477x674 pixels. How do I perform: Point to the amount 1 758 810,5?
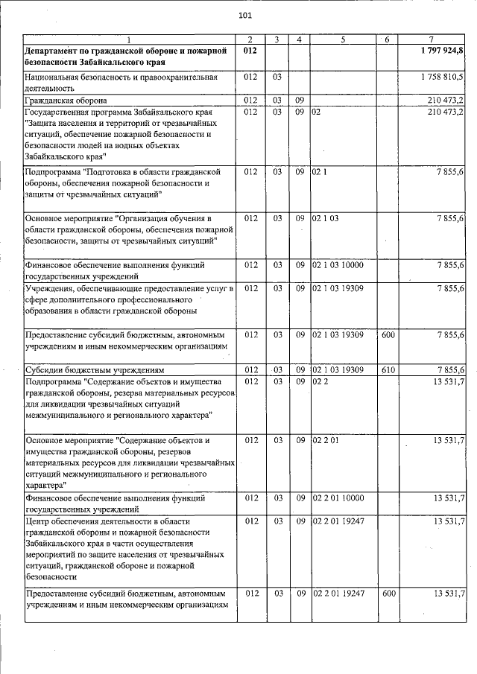(x=443, y=76)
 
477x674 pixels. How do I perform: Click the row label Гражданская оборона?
(x=66, y=99)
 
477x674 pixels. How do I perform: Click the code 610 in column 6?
(x=388, y=369)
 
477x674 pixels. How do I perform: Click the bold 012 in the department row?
(x=250, y=49)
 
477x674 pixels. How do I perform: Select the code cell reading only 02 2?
(x=320, y=381)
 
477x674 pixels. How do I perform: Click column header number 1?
(x=128, y=39)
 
